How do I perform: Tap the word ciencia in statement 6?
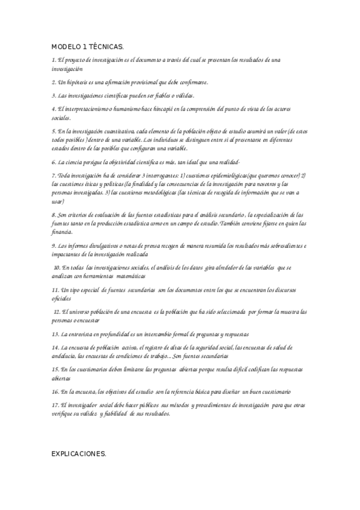click(77, 162)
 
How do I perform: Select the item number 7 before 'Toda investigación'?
click(53, 175)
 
